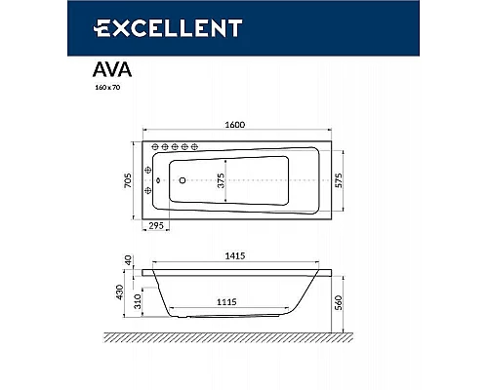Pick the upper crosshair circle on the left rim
click(149, 167)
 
